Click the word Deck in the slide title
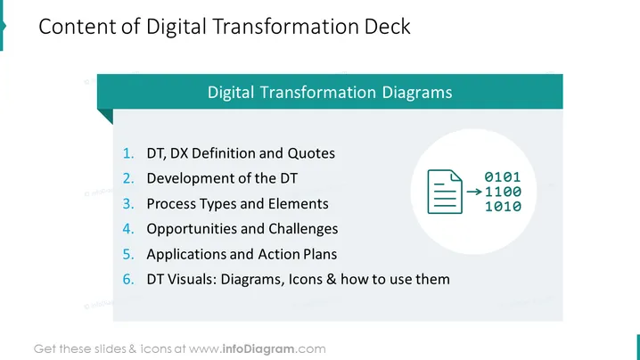tap(387, 27)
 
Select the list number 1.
tap(128, 153)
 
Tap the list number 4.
tap(128, 229)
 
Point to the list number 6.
tap(128, 280)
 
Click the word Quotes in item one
tap(311, 153)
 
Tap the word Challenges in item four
tap(303, 229)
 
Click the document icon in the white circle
tap(445, 192)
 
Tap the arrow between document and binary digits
tap(474, 192)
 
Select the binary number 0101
tap(503, 177)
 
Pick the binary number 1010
tap(503, 207)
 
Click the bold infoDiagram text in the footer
tap(258, 349)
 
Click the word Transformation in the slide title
tap(285, 27)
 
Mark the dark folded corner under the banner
tap(108, 114)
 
